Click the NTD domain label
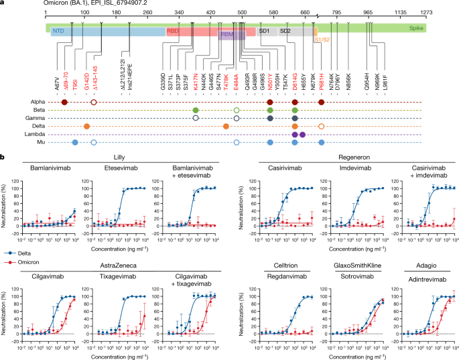60,32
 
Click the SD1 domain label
264,32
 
